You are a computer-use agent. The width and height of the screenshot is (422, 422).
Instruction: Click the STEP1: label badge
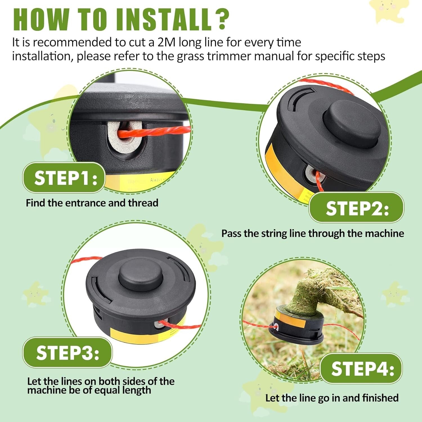(64, 178)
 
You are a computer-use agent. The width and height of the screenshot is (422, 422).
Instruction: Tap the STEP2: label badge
(356, 208)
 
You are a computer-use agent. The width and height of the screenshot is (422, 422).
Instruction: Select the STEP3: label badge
(67, 353)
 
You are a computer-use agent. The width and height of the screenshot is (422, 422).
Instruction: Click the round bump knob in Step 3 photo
(141, 274)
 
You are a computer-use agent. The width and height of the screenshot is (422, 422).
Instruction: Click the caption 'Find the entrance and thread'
(92, 203)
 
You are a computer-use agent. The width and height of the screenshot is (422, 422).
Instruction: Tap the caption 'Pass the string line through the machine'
(312, 234)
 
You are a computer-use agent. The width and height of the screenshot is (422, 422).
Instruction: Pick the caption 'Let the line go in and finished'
(332, 398)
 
